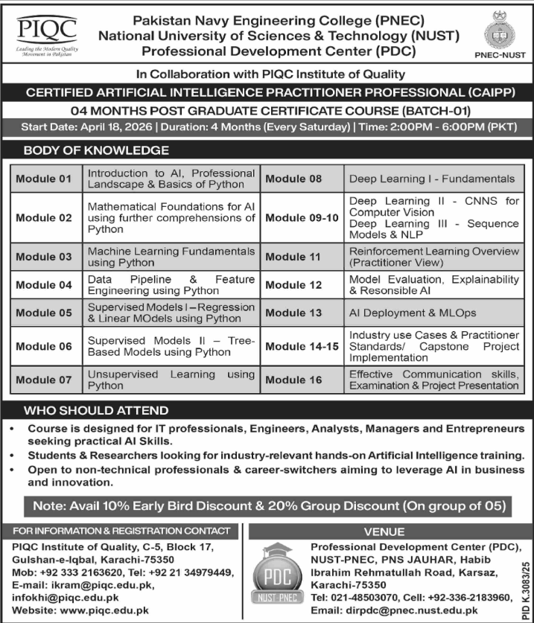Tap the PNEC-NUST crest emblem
[495, 31]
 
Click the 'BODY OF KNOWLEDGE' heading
[97, 150]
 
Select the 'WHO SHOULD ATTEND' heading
[97, 410]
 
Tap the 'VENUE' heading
[384, 532]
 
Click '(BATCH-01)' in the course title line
[433, 110]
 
